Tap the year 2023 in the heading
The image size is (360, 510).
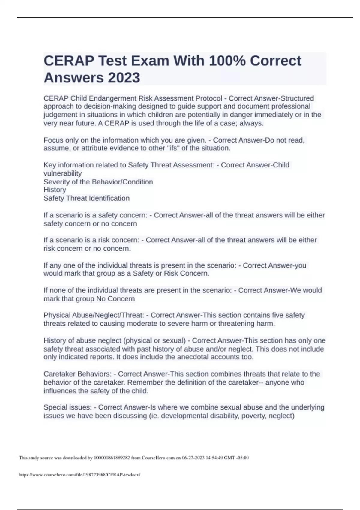coord(124,78)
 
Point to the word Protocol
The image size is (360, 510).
coord(209,98)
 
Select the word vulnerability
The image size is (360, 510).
coord(63,173)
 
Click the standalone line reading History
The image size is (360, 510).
coord(55,190)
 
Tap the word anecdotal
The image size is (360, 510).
coord(199,357)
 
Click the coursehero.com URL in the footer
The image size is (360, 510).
coord(79,475)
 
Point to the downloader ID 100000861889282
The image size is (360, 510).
coord(112,458)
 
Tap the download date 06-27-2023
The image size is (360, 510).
coord(193,458)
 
